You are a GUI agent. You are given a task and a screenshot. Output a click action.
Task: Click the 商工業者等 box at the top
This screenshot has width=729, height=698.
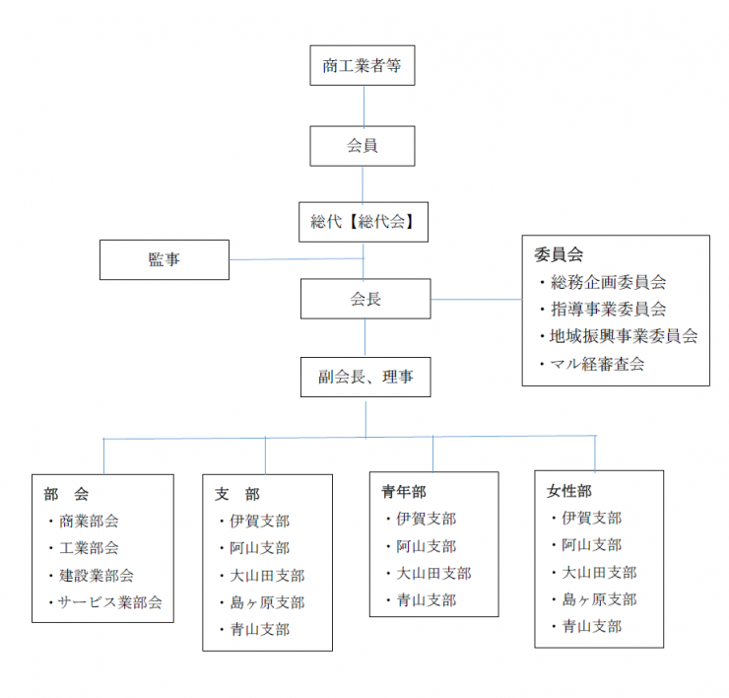click(363, 65)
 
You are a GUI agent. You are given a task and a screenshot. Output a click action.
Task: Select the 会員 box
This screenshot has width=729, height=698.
click(363, 146)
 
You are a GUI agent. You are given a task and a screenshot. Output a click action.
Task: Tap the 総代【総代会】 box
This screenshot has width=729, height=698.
click(364, 222)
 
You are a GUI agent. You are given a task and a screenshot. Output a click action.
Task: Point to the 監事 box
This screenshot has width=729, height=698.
click(165, 259)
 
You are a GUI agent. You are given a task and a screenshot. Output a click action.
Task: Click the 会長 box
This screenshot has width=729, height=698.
click(365, 299)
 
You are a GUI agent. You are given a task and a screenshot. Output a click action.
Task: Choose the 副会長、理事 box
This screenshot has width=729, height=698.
click(365, 377)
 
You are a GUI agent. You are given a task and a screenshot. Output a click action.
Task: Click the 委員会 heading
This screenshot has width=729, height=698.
click(559, 254)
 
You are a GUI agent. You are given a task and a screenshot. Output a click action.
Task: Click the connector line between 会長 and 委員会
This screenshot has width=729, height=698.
click(477, 299)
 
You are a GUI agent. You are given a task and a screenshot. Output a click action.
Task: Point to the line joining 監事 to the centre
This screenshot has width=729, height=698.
click(297, 258)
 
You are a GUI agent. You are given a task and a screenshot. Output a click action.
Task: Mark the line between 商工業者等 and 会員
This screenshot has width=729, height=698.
click(364, 105)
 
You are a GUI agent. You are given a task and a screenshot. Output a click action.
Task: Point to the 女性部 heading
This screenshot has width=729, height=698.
click(569, 491)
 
